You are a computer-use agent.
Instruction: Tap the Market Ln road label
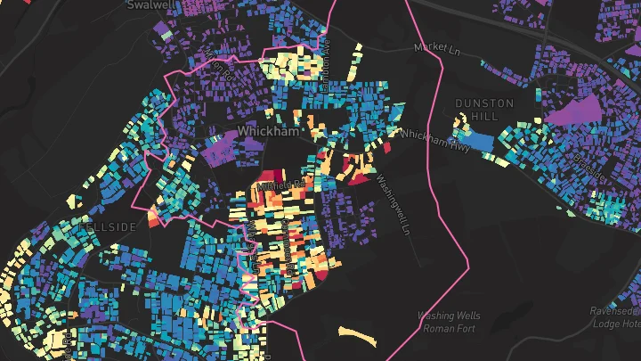[x=435, y=48]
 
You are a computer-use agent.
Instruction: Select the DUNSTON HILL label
[x=484, y=110]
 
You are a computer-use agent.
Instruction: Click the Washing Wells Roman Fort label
[x=450, y=322]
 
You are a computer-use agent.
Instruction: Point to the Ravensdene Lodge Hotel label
[x=614, y=317]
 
